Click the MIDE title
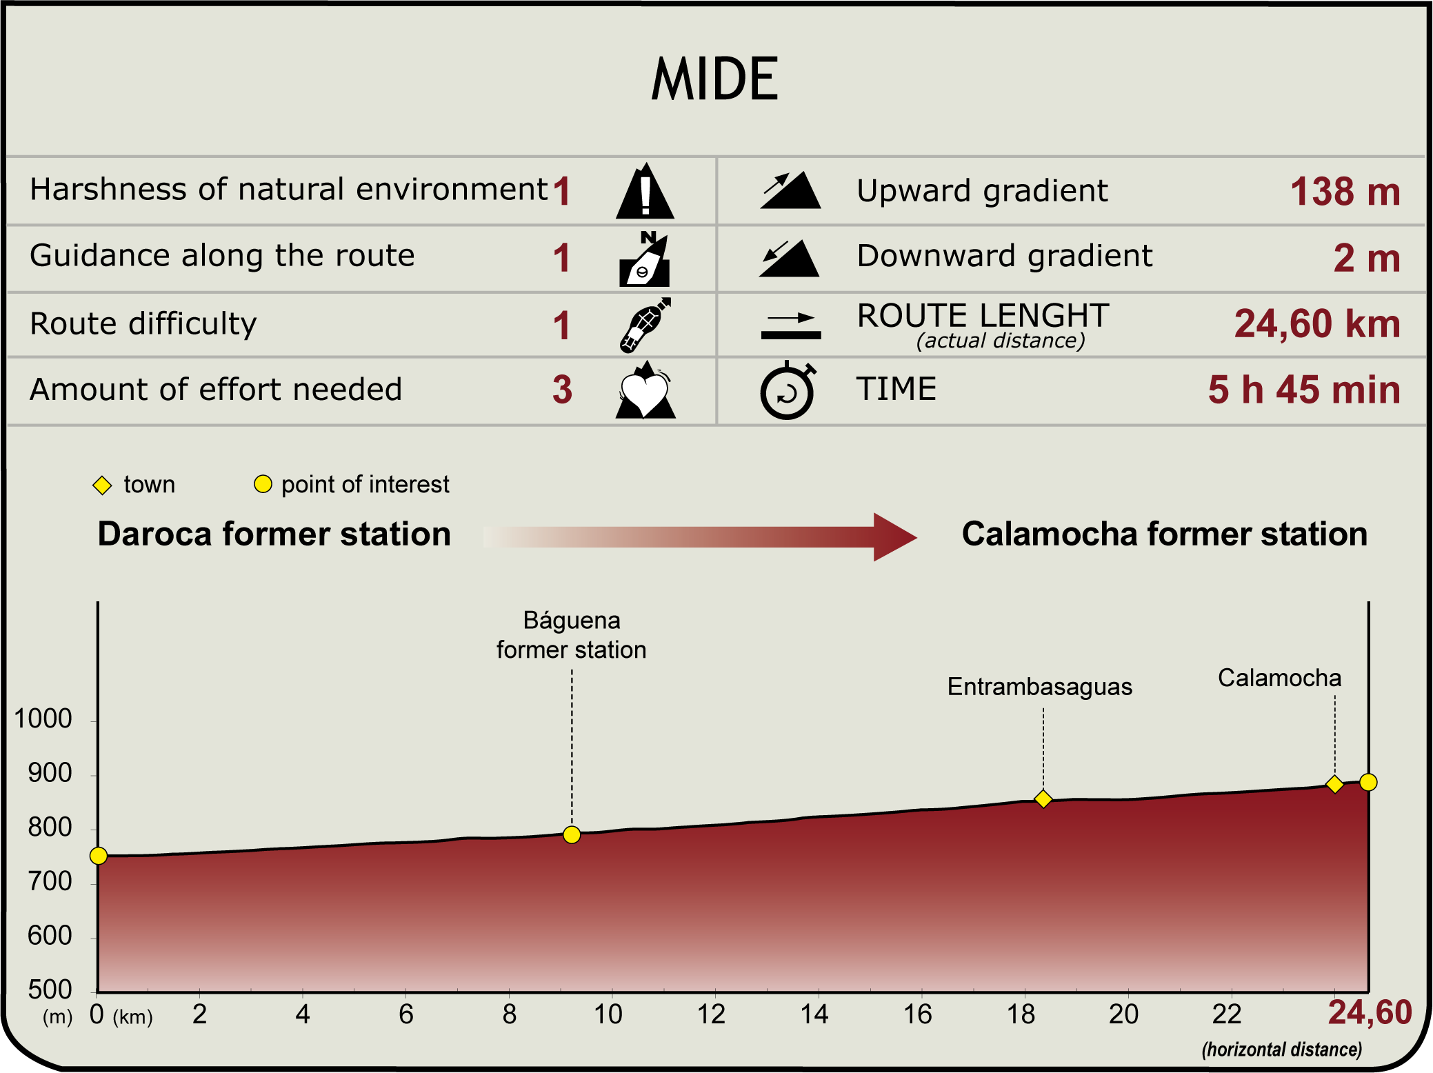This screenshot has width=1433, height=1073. click(x=715, y=79)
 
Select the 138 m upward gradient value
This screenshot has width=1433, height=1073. click(x=1345, y=192)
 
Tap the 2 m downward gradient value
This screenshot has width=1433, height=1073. click(x=1366, y=258)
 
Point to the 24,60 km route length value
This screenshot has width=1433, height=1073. click(x=1316, y=323)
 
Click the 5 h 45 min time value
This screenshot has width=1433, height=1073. click(x=1303, y=390)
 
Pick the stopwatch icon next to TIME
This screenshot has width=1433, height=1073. click(x=787, y=391)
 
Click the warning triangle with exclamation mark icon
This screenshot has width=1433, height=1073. click(x=645, y=192)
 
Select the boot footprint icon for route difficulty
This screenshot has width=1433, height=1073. click(x=644, y=325)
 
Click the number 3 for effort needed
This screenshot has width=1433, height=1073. click(x=562, y=390)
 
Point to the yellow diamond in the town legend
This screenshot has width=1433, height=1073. click(x=102, y=485)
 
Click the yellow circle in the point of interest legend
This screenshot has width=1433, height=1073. click(x=263, y=484)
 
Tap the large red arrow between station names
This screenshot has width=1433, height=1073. click(x=700, y=536)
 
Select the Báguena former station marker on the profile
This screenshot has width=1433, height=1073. click(x=572, y=835)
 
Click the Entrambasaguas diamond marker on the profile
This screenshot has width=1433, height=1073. click(x=1043, y=799)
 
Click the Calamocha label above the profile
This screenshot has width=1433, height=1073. click(x=1279, y=678)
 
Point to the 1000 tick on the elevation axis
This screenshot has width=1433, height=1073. click(x=43, y=719)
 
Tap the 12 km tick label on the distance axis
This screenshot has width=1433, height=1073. click(x=711, y=1014)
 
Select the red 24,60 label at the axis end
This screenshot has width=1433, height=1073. click(x=1370, y=1013)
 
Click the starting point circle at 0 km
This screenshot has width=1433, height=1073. click(x=99, y=856)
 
